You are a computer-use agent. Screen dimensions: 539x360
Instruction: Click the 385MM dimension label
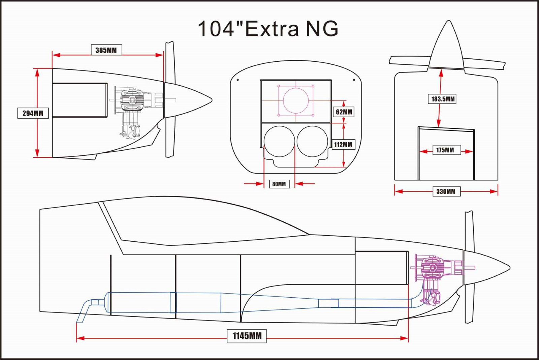[x=106, y=50]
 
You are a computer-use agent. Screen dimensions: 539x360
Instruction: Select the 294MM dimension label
[x=33, y=113]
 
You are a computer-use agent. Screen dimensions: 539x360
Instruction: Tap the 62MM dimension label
[x=344, y=112]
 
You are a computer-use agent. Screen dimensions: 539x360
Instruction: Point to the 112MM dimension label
[x=343, y=145]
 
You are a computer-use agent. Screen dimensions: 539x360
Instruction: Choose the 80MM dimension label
[x=279, y=184]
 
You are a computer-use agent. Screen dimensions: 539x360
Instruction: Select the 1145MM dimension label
[x=247, y=336]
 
